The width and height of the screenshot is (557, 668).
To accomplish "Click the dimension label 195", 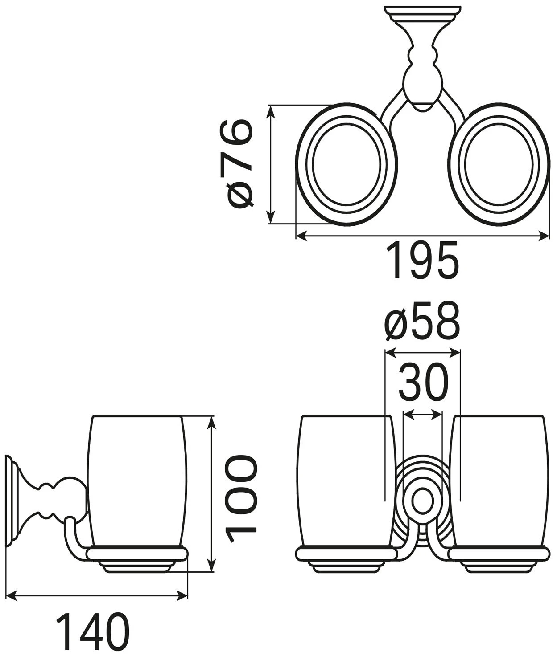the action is [x=422, y=261].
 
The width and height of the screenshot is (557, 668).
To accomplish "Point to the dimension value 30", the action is [x=423, y=383].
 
